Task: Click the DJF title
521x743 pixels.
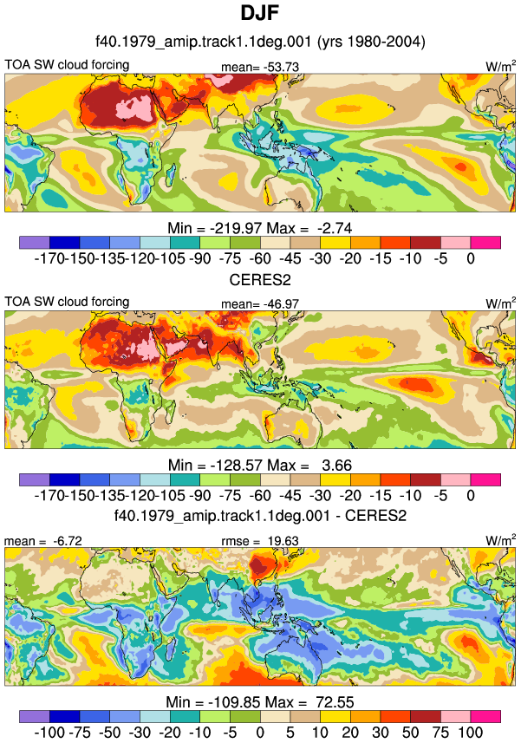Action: coord(259,12)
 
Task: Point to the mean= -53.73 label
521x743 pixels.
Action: coord(260,68)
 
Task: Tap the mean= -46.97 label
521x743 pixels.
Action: coord(260,303)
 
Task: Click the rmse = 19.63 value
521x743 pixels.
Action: coord(260,541)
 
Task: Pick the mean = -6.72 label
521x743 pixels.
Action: coord(43,541)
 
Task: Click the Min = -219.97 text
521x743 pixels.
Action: coord(215,228)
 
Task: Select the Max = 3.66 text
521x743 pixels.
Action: coord(309,466)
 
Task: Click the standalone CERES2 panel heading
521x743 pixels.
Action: coord(260,279)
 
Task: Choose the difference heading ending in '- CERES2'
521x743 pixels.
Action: coord(260,516)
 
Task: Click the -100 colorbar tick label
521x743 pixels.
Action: coord(49,732)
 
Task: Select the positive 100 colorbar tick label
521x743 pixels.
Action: coord(471,732)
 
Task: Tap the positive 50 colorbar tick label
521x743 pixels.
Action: coord(411,732)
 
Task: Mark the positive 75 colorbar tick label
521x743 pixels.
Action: coord(440,732)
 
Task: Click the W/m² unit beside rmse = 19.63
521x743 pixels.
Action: coord(501,540)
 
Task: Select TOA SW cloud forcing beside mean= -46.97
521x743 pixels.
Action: coord(67,302)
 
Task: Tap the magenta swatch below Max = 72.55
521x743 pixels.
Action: coord(485,716)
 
